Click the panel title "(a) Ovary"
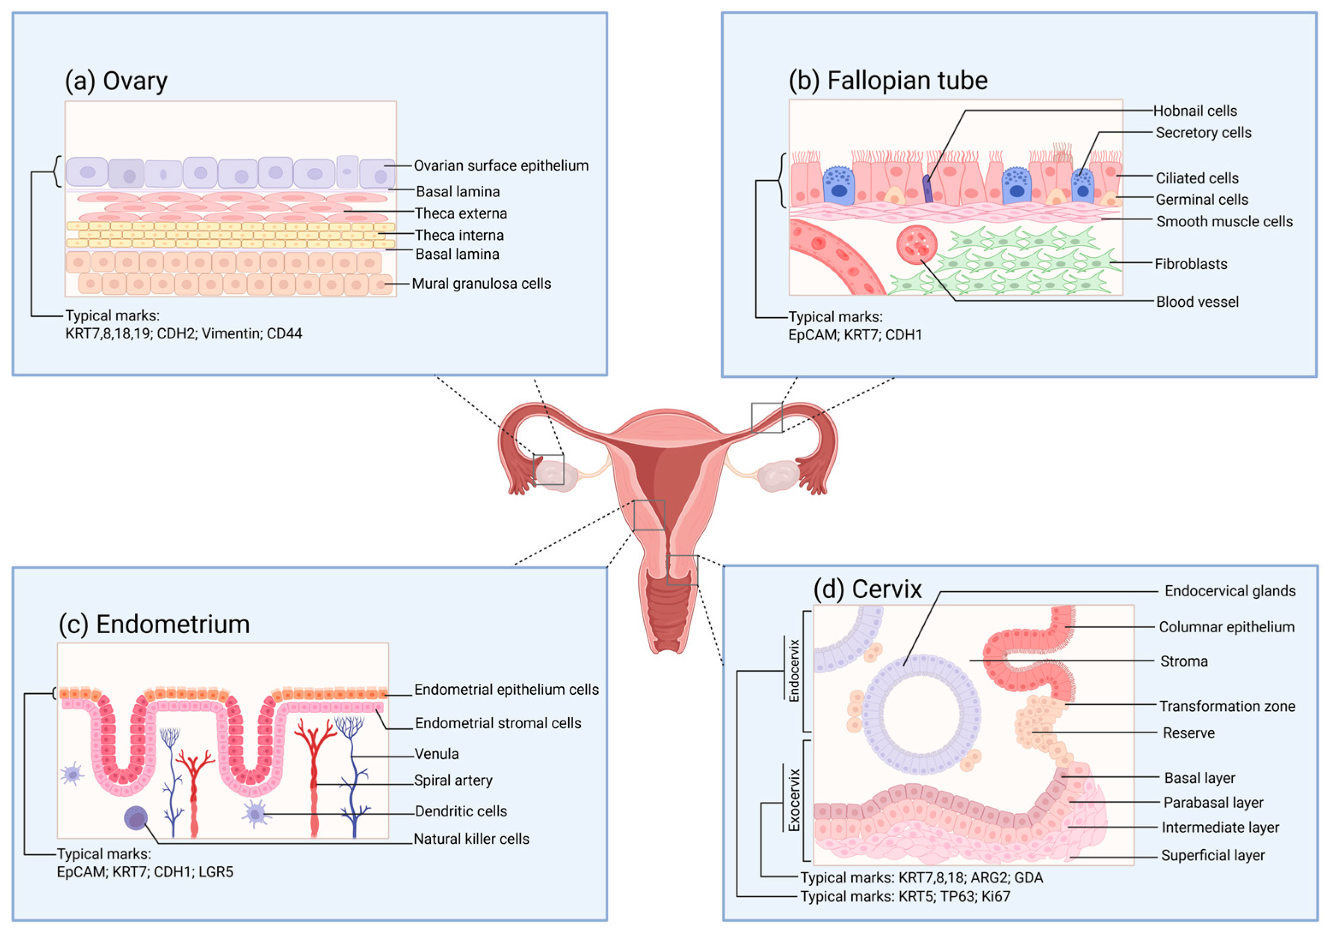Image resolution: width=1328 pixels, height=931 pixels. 115,81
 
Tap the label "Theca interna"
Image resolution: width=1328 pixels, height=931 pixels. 459,235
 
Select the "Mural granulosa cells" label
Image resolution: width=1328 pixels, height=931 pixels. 481,284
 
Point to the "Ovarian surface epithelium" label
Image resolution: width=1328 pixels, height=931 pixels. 501,166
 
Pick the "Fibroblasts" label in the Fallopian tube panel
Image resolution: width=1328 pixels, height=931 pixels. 1191,264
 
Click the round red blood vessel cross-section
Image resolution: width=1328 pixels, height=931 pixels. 917,245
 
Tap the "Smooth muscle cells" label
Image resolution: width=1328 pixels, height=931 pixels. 1224,221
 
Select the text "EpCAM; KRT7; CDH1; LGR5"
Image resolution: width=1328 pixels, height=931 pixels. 145,872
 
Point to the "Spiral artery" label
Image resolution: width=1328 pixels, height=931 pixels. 453,780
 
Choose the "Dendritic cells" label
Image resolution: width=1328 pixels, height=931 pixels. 461,811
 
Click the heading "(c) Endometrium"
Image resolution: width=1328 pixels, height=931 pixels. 154,624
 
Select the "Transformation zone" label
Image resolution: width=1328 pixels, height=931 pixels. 1227,706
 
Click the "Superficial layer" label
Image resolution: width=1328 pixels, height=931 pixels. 1213,855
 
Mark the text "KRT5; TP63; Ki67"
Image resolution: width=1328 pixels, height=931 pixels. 954,896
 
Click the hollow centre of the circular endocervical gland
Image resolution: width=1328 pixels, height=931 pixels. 921,714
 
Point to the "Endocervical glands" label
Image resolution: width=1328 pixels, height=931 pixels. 1230,591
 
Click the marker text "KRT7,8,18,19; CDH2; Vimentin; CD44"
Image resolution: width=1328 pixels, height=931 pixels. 184,333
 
